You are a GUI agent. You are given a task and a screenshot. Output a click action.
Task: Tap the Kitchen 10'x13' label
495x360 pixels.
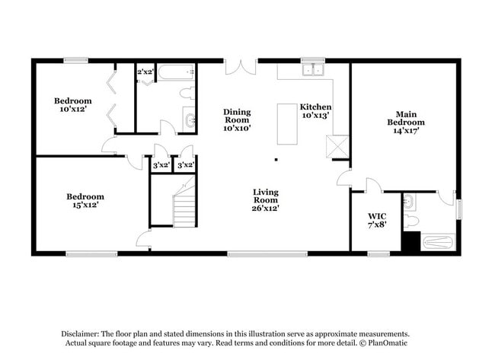point(315,111)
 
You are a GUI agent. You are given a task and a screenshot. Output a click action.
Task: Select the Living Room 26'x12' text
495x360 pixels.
point(265,199)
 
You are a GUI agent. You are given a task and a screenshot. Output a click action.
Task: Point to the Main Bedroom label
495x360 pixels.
point(405,122)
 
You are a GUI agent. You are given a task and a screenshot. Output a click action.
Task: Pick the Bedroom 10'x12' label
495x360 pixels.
point(72,105)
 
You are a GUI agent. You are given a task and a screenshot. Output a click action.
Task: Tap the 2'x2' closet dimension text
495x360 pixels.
point(145,72)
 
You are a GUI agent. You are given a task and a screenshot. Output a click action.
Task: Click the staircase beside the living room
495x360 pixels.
point(184,205)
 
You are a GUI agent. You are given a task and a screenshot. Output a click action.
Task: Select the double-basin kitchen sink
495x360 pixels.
point(313,71)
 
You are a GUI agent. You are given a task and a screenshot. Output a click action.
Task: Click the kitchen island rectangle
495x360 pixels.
point(287,123)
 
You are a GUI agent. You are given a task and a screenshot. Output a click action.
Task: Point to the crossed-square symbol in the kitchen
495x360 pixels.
point(336,145)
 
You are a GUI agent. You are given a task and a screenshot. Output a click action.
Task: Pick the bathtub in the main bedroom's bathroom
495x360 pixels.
point(438,244)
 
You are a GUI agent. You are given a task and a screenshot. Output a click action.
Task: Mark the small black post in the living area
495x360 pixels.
point(276,160)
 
